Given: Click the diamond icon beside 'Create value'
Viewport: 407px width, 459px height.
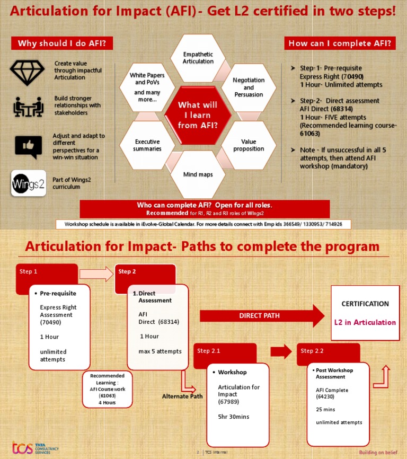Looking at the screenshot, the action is (28, 73).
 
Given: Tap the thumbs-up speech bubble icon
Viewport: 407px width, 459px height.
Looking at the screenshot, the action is (28, 146).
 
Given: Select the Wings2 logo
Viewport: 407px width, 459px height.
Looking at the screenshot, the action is (28, 183).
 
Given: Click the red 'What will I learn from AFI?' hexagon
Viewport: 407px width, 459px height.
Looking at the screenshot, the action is (198, 115).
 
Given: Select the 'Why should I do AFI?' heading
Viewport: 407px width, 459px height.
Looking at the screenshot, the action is (62, 43).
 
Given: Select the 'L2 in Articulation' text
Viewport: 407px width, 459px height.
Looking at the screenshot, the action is (365, 322).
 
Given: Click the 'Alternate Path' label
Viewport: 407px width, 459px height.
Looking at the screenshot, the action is (182, 396).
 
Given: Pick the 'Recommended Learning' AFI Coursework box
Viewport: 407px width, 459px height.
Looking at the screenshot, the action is (107, 389).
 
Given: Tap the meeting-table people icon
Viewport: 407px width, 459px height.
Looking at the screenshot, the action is (28, 107).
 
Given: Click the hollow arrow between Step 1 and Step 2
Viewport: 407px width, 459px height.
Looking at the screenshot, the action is (96, 273).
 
